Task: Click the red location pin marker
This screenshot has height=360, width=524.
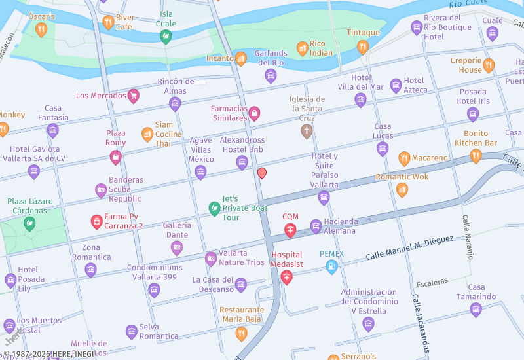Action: coord(262,173)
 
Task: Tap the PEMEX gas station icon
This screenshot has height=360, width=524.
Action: coord(332,266)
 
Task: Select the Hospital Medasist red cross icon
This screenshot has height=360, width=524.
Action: coord(286,278)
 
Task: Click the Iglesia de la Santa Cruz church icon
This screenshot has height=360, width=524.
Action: coord(306,132)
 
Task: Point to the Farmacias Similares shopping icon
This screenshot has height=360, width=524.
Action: coord(254,115)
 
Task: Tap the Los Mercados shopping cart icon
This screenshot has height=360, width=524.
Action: coord(134,96)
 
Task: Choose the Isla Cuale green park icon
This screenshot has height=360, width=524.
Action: coord(166,37)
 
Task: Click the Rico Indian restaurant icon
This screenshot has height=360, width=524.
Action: coord(302,48)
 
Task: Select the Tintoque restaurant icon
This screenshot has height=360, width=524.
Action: coord(363,46)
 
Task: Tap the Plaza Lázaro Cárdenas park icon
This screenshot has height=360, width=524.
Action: coord(29,224)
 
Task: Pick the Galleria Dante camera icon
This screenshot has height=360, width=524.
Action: coord(176,247)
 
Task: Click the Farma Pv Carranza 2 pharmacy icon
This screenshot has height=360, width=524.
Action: coord(96,222)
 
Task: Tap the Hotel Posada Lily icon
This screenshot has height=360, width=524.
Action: coord(10,281)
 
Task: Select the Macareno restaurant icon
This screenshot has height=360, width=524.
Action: coord(404,158)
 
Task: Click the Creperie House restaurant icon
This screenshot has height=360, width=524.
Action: coord(489,65)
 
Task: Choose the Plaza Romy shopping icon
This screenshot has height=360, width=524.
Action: coord(115,157)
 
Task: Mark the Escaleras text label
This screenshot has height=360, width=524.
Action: coord(432,281)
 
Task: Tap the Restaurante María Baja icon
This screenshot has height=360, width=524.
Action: coord(241,333)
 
